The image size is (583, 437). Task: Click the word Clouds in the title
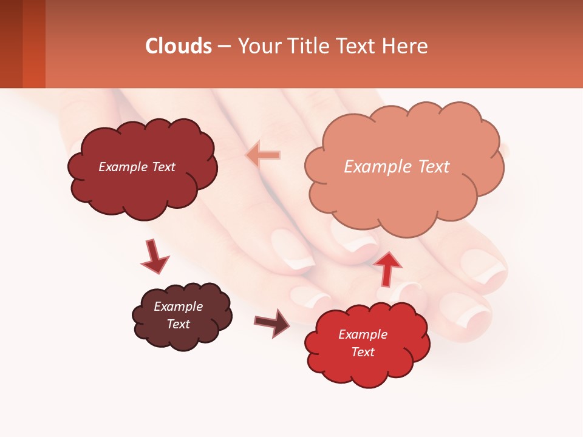(x=179, y=46)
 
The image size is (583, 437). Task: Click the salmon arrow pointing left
(x=263, y=155)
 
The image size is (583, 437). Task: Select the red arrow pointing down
(x=154, y=257)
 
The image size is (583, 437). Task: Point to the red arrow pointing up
(x=387, y=268)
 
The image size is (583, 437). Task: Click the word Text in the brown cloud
(x=179, y=324)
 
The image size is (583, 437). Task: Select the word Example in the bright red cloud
(x=363, y=334)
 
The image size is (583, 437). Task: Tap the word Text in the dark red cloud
(x=162, y=167)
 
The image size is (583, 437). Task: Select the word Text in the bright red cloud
(x=363, y=352)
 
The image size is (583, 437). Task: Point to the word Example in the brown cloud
(x=179, y=307)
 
